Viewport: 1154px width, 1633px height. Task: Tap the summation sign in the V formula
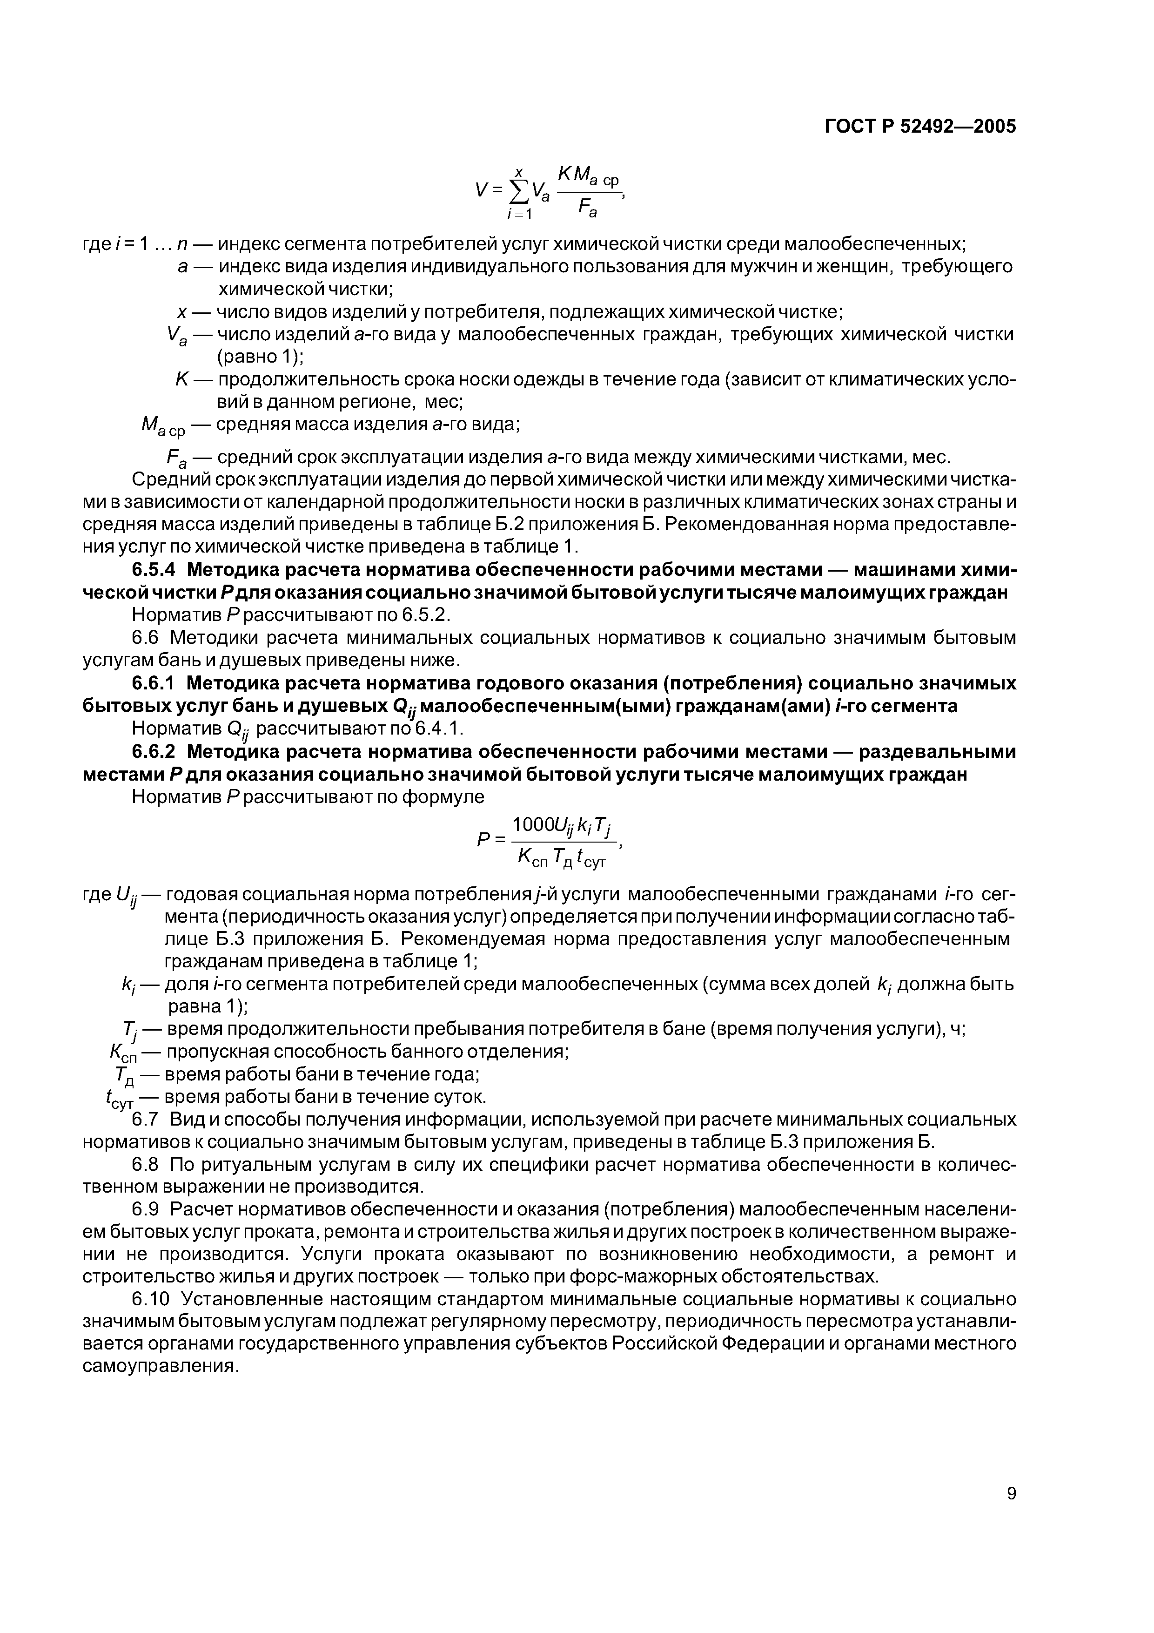[521, 190]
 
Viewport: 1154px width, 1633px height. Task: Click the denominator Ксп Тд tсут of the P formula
[562, 860]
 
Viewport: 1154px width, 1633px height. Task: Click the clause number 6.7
[145, 1120]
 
